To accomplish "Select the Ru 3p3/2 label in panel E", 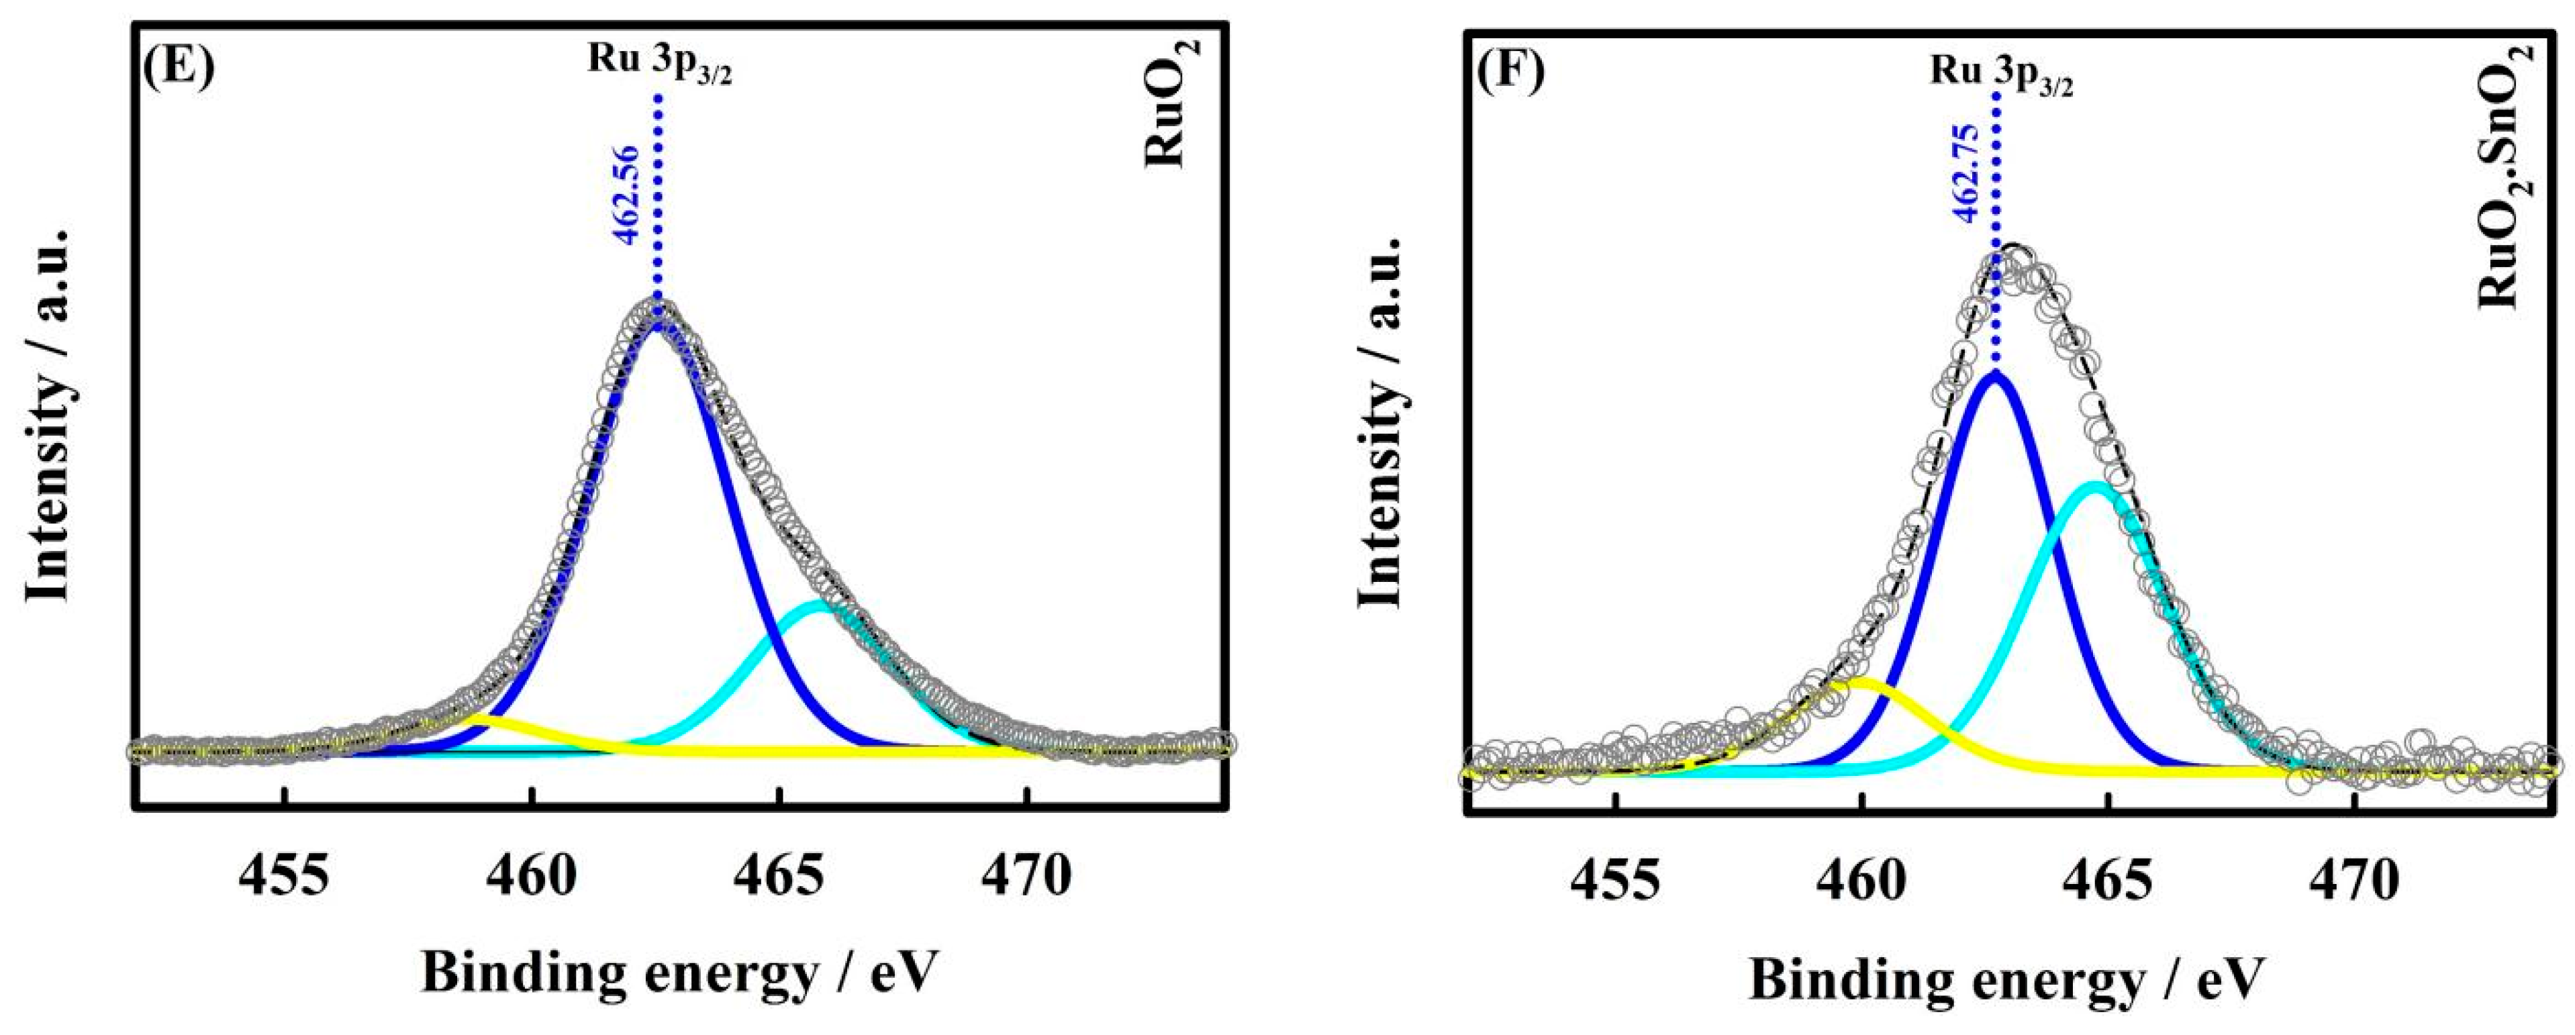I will tap(659, 65).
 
